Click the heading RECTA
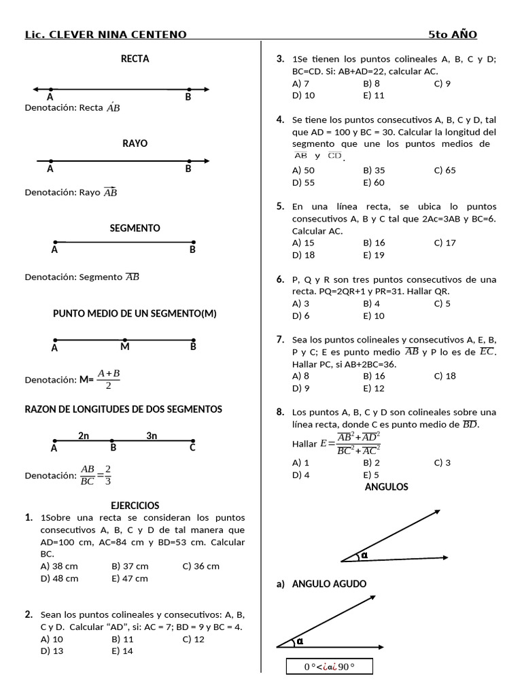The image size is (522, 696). pyautogui.click(x=135, y=58)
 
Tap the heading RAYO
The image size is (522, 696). pyautogui.click(x=135, y=143)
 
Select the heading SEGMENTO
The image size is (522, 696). pyautogui.click(x=135, y=228)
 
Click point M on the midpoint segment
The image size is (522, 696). pyautogui.click(x=124, y=347)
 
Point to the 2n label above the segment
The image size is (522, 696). pyautogui.click(x=84, y=436)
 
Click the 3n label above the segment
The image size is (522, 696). pyautogui.click(x=152, y=436)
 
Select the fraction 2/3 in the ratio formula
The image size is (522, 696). pyautogui.click(x=108, y=475)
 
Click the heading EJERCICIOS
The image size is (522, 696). pyautogui.click(x=135, y=505)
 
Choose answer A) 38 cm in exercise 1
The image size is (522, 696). pyautogui.click(x=59, y=565)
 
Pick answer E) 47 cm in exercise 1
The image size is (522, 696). pyautogui.click(x=129, y=578)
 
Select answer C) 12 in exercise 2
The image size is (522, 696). pyautogui.click(x=194, y=639)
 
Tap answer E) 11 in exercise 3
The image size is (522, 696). pyautogui.click(x=374, y=96)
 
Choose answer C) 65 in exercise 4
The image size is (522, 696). pyautogui.click(x=445, y=171)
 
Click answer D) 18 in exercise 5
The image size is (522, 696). pyautogui.click(x=303, y=255)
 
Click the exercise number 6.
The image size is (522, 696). pyautogui.click(x=280, y=279)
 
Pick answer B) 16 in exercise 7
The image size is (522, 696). pyautogui.click(x=374, y=376)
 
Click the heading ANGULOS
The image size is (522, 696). pyautogui.click(x=386, y=487)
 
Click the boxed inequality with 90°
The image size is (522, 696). pyautogui.click(x=329, y=666)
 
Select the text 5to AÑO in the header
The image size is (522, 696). pyautogui.click(x=452, y=35)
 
